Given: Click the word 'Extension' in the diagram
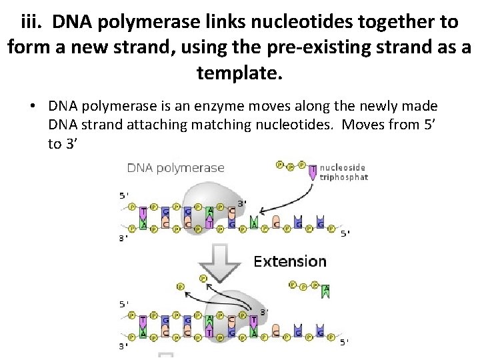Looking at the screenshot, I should pyautogui.click(x=290, y=261).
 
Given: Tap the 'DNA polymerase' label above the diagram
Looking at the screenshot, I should pyautogui.click(x=176, y=168).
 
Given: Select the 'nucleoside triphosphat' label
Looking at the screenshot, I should pyautogui.click(x=343, y=173).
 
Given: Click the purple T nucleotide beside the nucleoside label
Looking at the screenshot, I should pyautogui.click(x=313, y=173).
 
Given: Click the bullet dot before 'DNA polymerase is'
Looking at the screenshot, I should pyautogui.click(x=32, y=106).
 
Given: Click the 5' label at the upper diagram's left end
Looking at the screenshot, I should pyautogui.click(x=123, y=195).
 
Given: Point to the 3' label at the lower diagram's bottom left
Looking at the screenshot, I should pyautogui.click(x=123, y=346).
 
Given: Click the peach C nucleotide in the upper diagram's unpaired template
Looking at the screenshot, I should pyautogui.click(x=275, y=222).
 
